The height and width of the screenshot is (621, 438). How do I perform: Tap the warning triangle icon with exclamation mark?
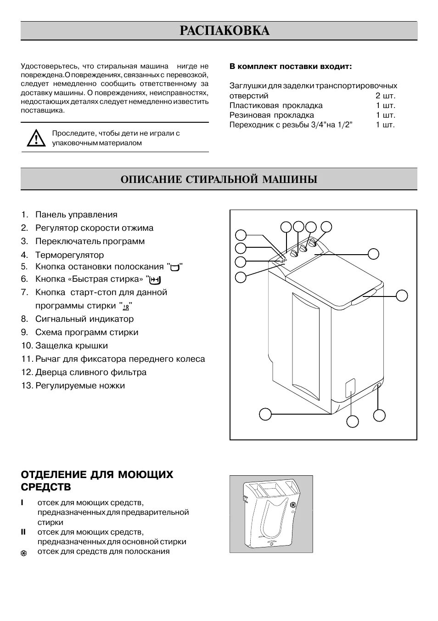click(x=34, y=138)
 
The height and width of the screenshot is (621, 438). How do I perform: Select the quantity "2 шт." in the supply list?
click(x=385, y=96)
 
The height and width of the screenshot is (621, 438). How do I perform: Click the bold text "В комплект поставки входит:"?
click(x=290, y=66)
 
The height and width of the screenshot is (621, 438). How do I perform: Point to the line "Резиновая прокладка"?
click(x=272, y=115)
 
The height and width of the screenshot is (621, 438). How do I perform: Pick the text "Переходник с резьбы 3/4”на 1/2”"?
click(x=291, y=125)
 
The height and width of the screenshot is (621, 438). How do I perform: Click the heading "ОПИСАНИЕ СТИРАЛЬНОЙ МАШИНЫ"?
click(x=219, y=179)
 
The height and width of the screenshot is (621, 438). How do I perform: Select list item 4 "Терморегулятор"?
click(x=69, y=255)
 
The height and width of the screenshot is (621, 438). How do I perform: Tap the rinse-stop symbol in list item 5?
click(x=174, y=268)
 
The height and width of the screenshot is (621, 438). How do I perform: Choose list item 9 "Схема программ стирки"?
click(x=87, y=332)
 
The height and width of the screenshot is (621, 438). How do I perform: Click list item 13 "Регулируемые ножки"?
click(x=80, y=385)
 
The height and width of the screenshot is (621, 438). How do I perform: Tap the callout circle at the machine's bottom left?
click(x=265, y=414)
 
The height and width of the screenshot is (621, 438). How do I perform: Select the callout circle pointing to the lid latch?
click(x=402, y=296)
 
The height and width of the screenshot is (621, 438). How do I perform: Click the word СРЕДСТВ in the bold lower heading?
click(x=46, y=487)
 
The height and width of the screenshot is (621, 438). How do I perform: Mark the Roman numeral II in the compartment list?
click(x=23, y=532)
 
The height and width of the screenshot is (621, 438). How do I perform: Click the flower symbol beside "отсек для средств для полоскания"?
click(x=24, y=553)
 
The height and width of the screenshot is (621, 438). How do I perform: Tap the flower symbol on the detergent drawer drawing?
click(x=292, y=506)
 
